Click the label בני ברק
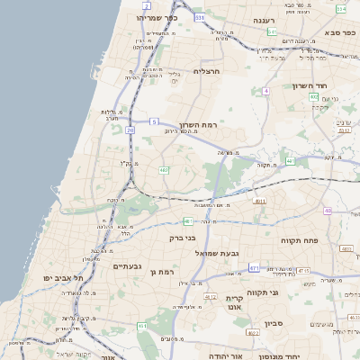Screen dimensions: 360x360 [x=183, y=238]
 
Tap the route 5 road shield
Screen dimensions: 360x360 [x=154, y=121]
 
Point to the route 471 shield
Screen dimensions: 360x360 [x=255, y=267]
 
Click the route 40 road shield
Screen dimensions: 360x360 [x=328, y=210]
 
